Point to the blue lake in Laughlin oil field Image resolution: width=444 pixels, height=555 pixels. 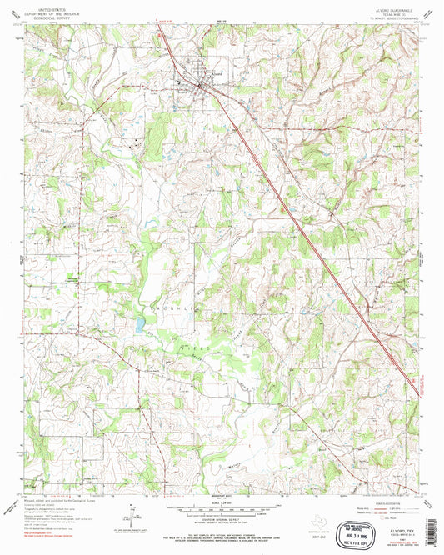point(140,321)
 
